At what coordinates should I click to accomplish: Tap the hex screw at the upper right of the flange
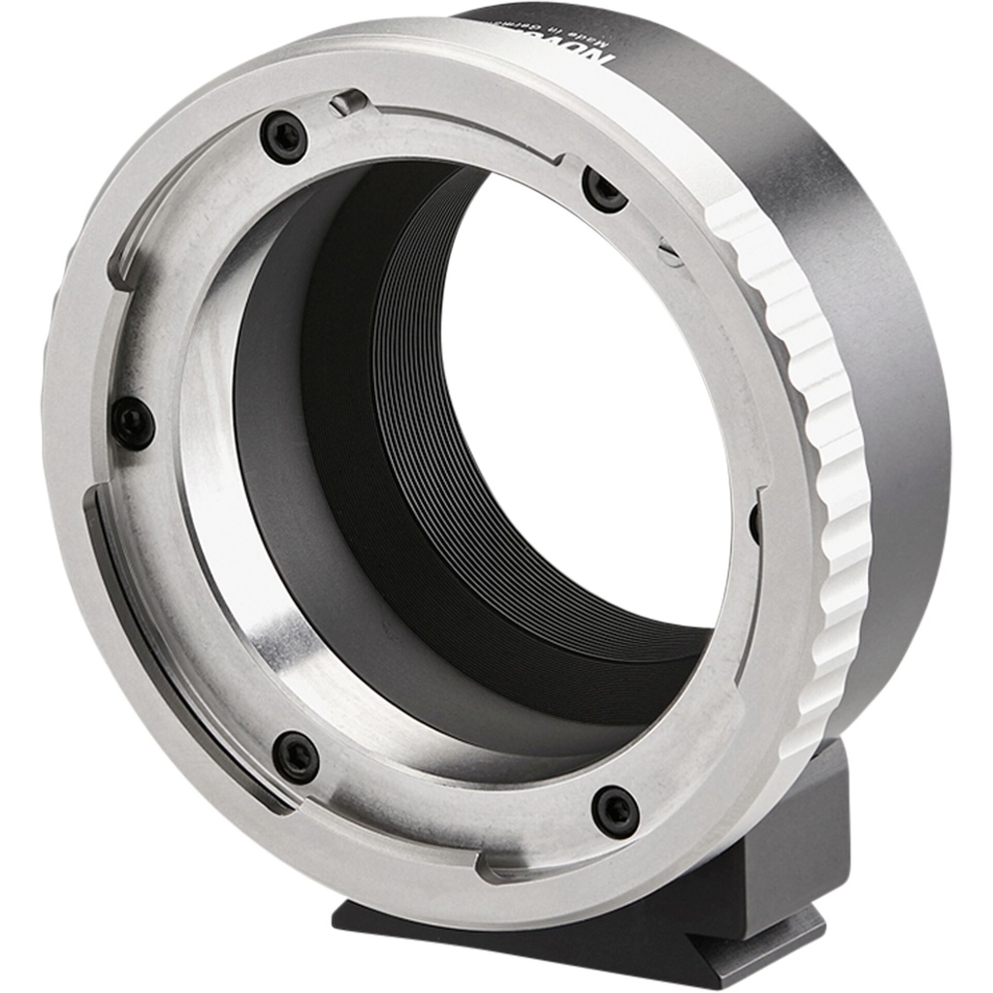tap(604, 189)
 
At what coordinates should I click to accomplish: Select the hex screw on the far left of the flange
tap(133, 424)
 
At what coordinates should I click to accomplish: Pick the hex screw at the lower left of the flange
tap(296, 756)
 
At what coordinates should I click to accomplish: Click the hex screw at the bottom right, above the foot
tap(616, 811)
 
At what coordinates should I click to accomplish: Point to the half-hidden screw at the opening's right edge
tap(754, 524)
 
